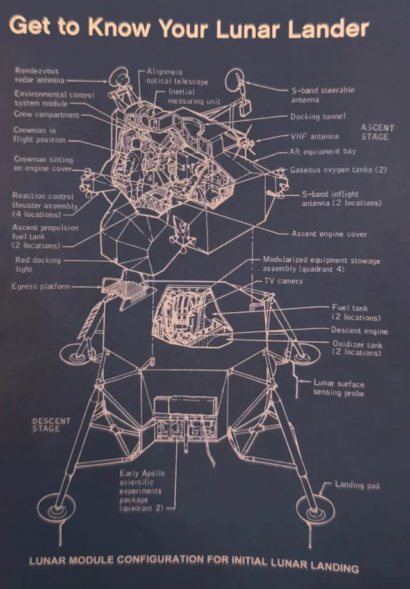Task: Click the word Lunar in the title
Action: point(249,29)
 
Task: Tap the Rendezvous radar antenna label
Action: point(40,76)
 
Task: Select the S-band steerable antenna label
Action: point(322,95)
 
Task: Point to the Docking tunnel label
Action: point(318,117)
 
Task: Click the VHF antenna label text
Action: point(315,137)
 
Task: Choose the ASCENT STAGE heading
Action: point(377,132)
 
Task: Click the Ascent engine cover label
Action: point(329,234)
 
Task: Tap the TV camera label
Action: point(283,281)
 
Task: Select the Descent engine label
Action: point(359,331)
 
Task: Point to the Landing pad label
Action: point(357,485)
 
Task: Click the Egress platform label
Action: point(40,286)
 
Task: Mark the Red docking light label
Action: point(38,265)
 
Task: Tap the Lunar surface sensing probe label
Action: point(339,388)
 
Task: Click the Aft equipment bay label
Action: point(322,152)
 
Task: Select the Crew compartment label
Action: point(47,115)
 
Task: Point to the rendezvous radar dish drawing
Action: point(119,77)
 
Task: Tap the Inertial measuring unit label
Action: point(193,97)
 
